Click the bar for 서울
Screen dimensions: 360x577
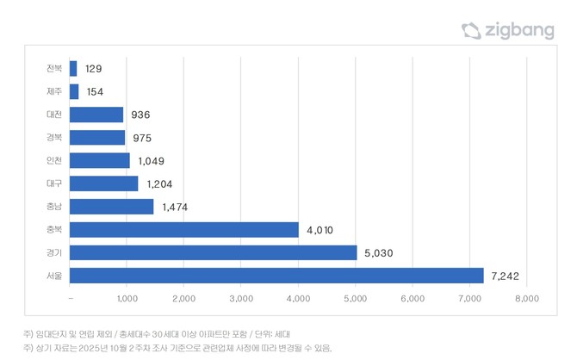276,276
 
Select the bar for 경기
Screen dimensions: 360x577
213,252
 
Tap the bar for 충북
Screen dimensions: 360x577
183,230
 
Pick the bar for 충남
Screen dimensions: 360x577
111,207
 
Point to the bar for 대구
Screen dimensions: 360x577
103,183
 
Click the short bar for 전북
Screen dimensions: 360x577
73,68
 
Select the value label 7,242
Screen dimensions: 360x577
507,276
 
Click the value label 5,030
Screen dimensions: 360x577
380,252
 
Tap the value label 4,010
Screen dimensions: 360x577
321,230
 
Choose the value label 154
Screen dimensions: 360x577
95,91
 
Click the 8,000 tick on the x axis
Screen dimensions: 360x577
526,299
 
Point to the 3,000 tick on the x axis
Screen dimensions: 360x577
241,299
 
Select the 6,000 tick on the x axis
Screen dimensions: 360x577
413,299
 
